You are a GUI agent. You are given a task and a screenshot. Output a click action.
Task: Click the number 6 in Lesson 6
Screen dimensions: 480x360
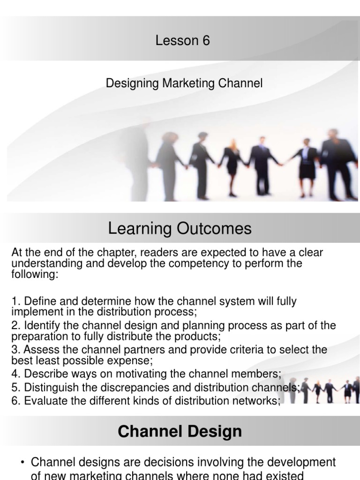tap(206, 41)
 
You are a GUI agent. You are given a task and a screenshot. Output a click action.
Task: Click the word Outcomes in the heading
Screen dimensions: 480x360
tap(215, 229)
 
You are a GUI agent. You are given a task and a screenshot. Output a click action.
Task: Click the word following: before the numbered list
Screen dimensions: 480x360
tap(35, 274)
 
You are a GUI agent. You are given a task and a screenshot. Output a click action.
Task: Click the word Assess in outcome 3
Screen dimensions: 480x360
tap(38, 350)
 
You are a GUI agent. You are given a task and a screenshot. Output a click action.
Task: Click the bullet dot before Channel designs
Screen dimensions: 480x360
tap(22, 463)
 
